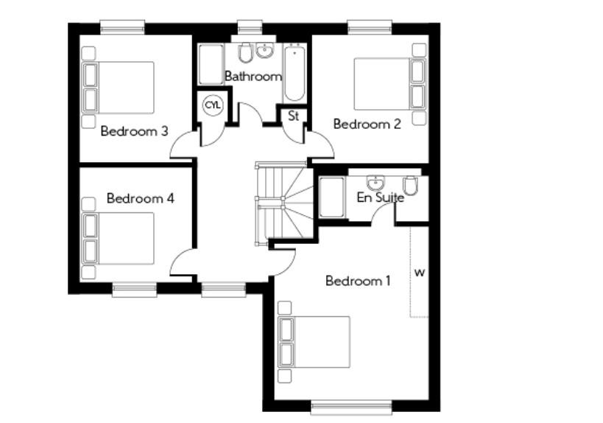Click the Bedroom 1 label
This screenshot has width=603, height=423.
[358, 281]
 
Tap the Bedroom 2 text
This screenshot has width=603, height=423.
[367, 124]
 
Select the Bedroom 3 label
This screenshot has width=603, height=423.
[134, 131]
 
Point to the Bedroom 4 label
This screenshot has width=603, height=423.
[140, 198]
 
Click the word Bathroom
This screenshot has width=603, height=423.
[253, 76]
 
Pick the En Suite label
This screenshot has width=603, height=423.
[380, 197]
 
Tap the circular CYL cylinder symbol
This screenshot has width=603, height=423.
[213, 105]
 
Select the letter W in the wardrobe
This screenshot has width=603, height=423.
[420, 273]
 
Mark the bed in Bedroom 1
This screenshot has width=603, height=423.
[314, 342]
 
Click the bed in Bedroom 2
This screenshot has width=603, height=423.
[389, 83]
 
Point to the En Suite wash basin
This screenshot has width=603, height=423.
[376, 182]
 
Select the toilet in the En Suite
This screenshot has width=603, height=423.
[411, 185]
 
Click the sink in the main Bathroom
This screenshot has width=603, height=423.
[264, 51]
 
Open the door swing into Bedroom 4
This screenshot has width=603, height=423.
[184, 262]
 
